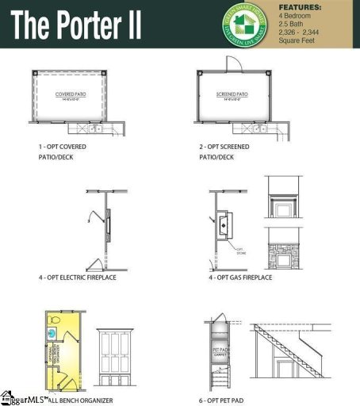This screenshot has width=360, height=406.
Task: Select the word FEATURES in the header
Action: [300, 7]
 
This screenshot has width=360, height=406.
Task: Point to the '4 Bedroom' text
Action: [295, 16]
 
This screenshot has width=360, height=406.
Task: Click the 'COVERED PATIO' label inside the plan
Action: [71, 95]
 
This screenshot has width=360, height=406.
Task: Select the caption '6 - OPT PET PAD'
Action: [231, 400]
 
